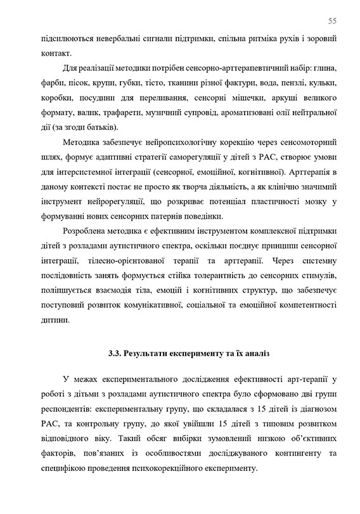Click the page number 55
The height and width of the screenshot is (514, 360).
click(x=332, y=20)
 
